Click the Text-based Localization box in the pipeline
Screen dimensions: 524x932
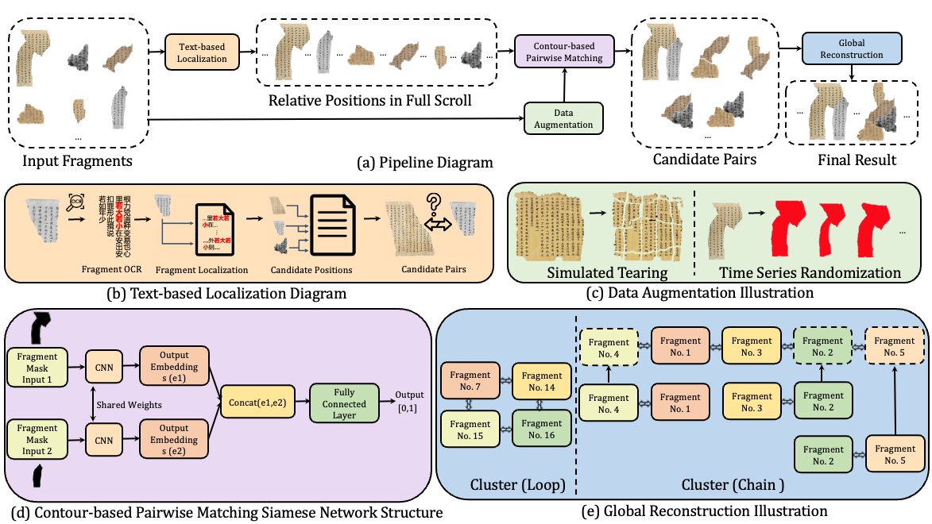tap(201, 52)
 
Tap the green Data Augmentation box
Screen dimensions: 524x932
tap(563, 118)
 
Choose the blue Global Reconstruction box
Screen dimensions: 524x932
tap(852, 48)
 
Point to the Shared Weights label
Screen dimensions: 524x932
tap(130, 405)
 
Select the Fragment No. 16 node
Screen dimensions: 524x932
tap(542, 430)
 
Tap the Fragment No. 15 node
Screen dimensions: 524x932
tap(470, 430)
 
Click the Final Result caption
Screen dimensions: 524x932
tap(857, 160)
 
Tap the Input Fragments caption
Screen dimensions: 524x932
tap(76, 162)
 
